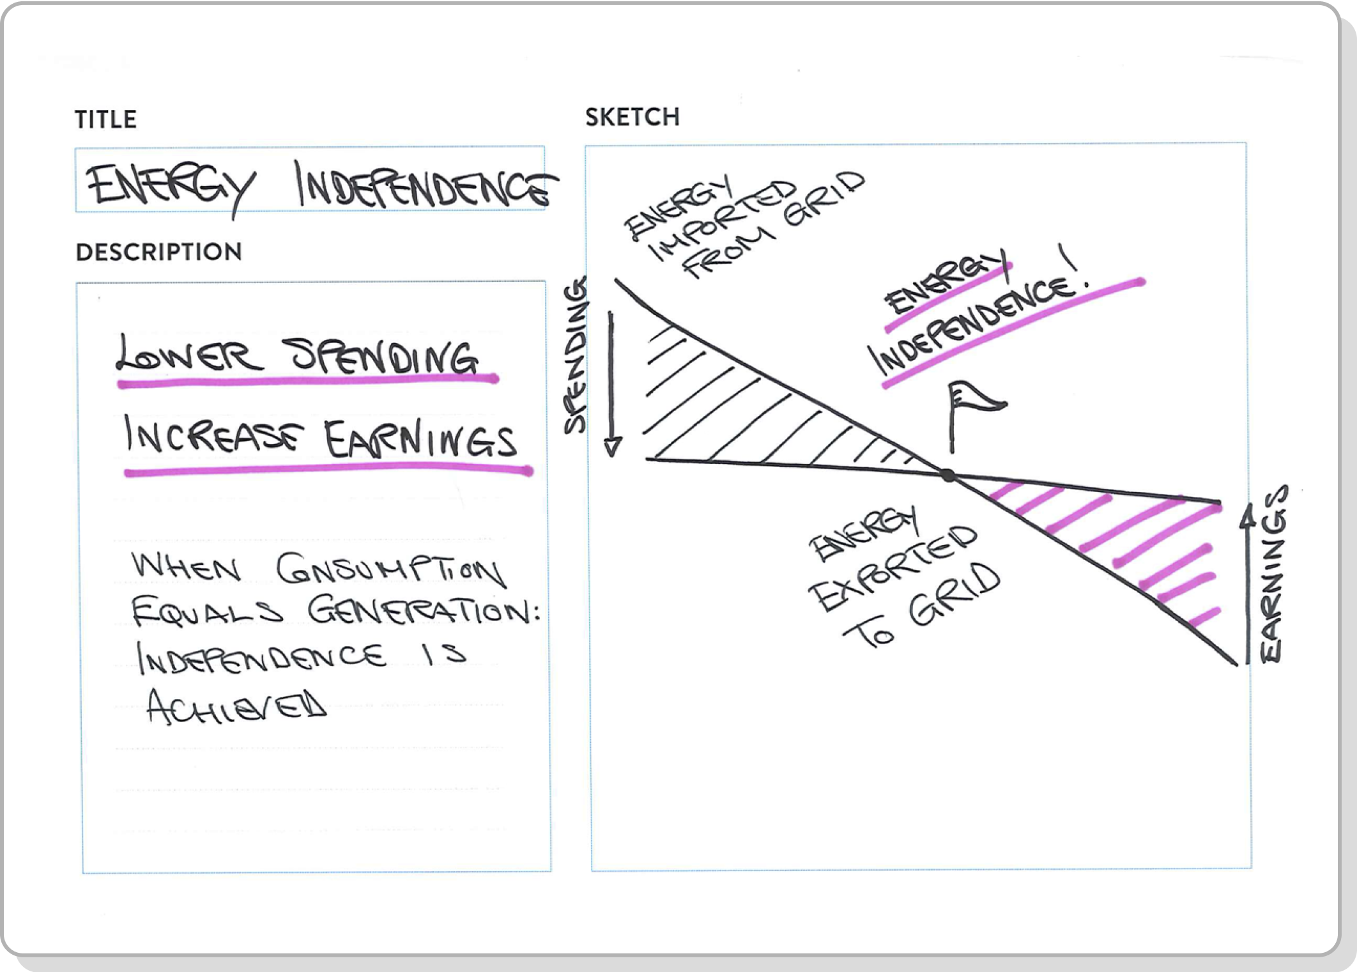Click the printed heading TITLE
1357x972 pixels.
(105, 120)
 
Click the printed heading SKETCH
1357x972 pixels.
(632, 118)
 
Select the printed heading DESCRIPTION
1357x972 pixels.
(159, 252)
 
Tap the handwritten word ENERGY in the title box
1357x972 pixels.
(171, 188)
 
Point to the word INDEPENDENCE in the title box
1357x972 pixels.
(425, 185)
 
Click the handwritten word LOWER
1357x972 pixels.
(189, 354)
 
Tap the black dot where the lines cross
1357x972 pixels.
(949, 475)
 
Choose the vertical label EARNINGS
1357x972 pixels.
(1273, 573)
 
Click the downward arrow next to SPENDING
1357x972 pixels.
(612, 383)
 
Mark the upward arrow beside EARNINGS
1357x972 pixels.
(1248, 583)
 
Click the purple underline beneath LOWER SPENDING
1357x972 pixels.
(308, 382)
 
